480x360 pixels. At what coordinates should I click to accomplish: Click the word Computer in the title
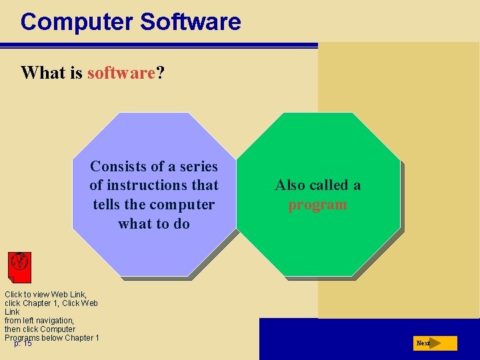[x=77, y=22]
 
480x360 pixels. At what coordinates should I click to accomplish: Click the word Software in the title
[x=191, y=22]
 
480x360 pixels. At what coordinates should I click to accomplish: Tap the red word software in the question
[x=121, y=73]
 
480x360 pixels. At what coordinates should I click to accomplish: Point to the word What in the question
[x=43, y=73]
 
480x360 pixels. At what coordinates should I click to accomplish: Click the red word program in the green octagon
[x=317, y=205]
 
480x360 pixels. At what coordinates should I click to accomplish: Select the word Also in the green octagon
[x=291, y=185]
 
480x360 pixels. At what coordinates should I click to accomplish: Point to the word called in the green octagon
[x=331, y=185]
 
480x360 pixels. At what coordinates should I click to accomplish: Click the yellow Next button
[x=434, y=343]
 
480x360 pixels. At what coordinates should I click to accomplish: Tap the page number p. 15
[x=23, y=344]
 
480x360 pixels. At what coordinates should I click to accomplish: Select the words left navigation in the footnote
[x=47, y=321]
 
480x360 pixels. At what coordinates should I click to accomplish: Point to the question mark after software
[x=160, y=73]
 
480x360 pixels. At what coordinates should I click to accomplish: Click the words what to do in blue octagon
[x=154, y=223]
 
